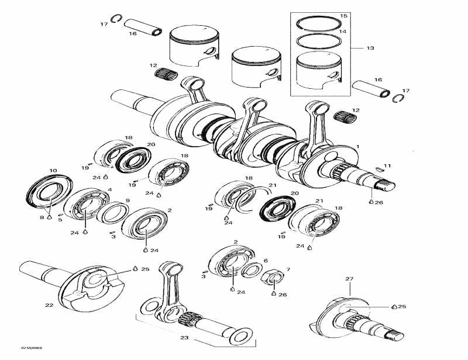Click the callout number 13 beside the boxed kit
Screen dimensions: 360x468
pyautogui.click(x=370, y=47)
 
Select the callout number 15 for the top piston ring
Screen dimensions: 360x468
pyautogui.click(x=343, y=15)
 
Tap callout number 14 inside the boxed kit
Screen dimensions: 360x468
pyautogui.click(x=343, y=32)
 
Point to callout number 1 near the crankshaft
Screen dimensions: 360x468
pyautogui.click(x=358, y=146)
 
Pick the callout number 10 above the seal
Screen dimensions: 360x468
pyautogui.click(x=53, y=171)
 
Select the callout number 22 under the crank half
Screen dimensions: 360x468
pyautogui.click(x=49, y=305)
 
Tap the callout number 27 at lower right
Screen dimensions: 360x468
pyautogui.click(x=349, y=279)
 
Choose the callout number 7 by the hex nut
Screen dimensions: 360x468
pyautogui.click(x=287, y=270)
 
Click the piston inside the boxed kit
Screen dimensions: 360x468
pyautogui.click(x=319, y=69)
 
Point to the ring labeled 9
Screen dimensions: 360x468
pyautogui.click(x=109, y=212)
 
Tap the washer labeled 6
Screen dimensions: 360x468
pyautogui.click(x=252, y=269)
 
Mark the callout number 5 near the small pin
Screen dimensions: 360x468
pyautogui.click(x=60, y=220)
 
